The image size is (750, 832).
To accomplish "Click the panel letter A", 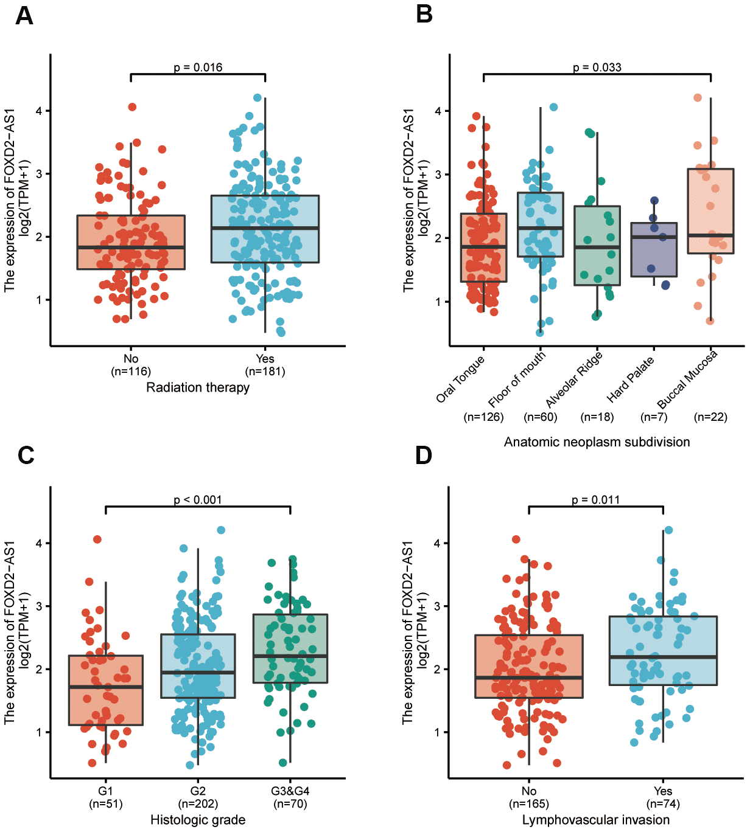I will tap(24, 15).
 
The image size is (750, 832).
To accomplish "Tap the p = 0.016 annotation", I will tap(198, 67).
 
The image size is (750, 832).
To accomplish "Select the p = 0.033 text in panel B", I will tap(597, 67).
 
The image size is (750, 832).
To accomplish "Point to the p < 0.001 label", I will tap(198, 499).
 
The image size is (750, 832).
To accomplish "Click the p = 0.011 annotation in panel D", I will tap(595, 499).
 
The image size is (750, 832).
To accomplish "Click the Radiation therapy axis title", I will tap(198, 387).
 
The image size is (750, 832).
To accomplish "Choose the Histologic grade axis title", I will tap(198, 820).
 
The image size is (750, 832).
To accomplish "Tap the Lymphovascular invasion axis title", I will tap(595, 820).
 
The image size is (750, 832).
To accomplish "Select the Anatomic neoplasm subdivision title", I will tap(597, 442).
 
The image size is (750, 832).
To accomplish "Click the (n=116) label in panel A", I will tap(131, 372).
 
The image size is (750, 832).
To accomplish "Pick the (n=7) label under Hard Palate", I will tap(654, 417).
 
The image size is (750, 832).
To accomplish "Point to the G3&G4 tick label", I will tap(290, 791).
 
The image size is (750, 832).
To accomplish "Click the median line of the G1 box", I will tap(106, 687).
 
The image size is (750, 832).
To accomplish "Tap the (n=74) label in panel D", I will tap(663, 804).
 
